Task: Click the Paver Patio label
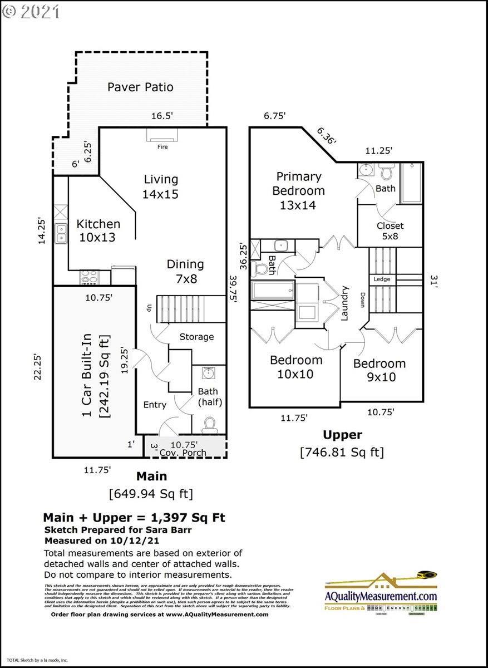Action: pyautogui.click(x=140, y=87)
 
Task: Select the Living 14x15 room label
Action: pyautogui.click(x=161, y=186)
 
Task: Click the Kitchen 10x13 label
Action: pyautogui.click(x=98, y=230)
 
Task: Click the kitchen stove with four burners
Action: pyautogui.click(x=89, y=277)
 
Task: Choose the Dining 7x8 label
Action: pyautogui.click(x=185, y=271)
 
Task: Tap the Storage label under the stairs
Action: pyautogui.click(x=196, y=337)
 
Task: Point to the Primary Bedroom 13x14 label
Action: pyautogui.click(x=299, y=190)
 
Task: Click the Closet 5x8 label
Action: pyautogui.click(x=390, y=231)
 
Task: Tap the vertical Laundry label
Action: pyautogui.click(x=345, y=304)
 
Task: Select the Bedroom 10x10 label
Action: pyautogui.click(x=295, y=367)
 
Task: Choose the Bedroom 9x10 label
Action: pyautogui.click(x=379, y=370)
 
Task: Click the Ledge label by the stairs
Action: pyautogui.click(x=382, y=279)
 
